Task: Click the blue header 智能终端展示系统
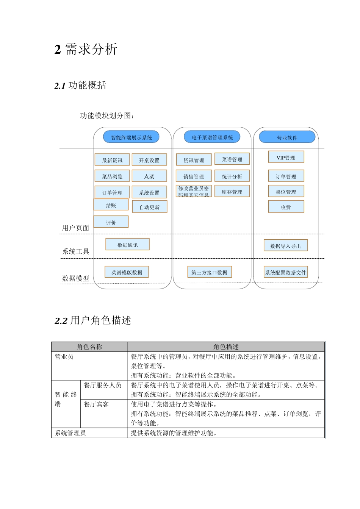click(x=131, y=137)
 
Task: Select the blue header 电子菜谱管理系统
click(x=212, y=137)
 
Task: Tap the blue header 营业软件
click(x=287, y=137)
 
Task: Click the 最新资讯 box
click(x=112, y=160)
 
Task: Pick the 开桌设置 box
click(x=149, y=160)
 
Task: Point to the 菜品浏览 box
click(x=112, y=176)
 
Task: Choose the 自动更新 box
click(x=150, y=207)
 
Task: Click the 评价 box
click(x=111, y=222)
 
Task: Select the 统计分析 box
click(x=232, y=176)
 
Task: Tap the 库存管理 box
click(x=232, y=192)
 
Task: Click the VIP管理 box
click(x=286, y=158)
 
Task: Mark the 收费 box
click(x=286, y=207)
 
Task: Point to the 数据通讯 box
click(x=128, y=245)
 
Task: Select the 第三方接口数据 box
click(x=209, y=272)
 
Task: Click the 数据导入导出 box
click(x=285, y=246)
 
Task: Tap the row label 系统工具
click(x=76, y=251)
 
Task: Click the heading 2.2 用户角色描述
click(x=93, y=320)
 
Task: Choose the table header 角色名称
click(x=89, y=347)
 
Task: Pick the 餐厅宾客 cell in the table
click(x=96, y=404)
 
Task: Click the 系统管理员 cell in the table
click(x=70, y=433)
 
